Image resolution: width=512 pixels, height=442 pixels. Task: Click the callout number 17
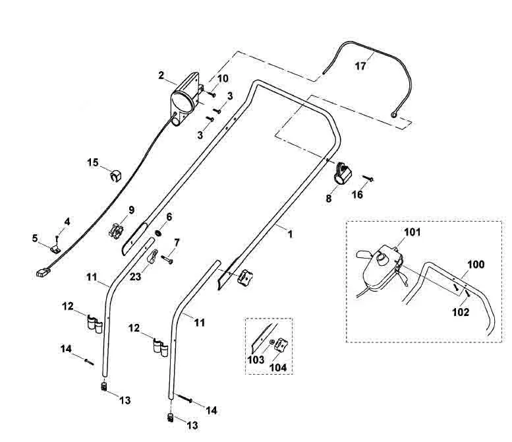[x=360, y=66]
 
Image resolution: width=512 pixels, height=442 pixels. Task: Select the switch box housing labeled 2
[x=185, y=98]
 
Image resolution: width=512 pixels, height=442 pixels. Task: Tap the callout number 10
[x=223, y=79]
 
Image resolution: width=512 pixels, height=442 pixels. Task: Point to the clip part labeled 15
[x=115, y=175]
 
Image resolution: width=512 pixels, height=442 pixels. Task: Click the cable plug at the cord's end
[x=42, y=272]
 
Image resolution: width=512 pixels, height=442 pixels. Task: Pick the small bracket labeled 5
[x=56, y=249]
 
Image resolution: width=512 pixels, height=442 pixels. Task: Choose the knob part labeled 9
[x=117, y=230]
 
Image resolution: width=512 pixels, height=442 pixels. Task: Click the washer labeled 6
[x=158, y=233]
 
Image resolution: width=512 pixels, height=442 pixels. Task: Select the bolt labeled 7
[x=167, y=259]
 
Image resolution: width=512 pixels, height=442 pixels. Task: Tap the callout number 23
[x=136, y=276]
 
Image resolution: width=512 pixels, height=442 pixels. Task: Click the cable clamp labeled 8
[x=342, y=174]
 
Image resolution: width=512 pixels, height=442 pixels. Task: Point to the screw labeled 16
[x=368, y=179]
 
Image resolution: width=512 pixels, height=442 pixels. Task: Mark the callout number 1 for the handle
[x=290, y=234]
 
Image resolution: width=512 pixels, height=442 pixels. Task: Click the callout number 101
[x=412, y=232]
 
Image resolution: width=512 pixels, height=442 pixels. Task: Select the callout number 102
[x=461, y=312]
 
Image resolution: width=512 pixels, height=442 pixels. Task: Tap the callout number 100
[x=476, y=264]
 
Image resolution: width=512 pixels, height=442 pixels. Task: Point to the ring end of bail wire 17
[x=394, y=114]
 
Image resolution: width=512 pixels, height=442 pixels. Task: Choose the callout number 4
[x=67, y=222]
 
